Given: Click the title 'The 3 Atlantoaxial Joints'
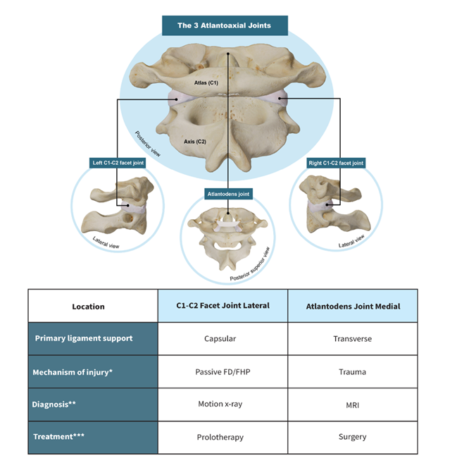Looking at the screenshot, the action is [x=224, y=25].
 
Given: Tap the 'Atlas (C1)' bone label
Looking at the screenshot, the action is [x=206, y=82].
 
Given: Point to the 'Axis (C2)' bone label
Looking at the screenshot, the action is [x=195, y=142].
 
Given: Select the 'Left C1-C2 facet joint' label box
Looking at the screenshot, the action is [x=118, y=163].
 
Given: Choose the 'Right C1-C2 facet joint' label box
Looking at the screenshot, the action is [x=336, y=163].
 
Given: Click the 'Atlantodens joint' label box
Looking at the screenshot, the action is [x=228, y=194].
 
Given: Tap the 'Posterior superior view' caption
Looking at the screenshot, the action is [x=250, y=264].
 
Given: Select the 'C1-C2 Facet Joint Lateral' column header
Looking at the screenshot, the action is [x=223, y=306].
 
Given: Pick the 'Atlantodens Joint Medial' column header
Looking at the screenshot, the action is [x=353, y=307].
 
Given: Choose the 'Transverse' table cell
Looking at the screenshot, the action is [x=353, y=339].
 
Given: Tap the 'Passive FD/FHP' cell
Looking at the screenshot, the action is [x=223, y=371].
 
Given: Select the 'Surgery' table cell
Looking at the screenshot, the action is [x=353, y=437].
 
